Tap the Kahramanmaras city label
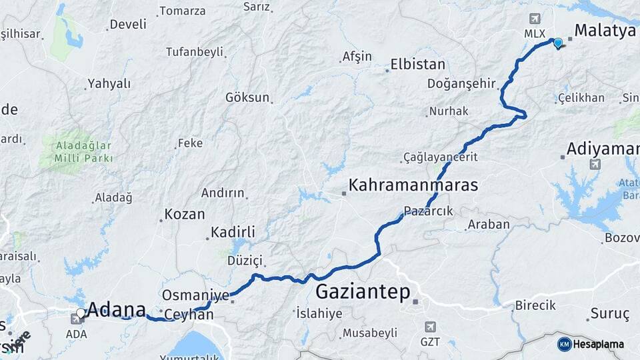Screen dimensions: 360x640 (414, 185)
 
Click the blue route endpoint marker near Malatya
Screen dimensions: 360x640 (558, 43)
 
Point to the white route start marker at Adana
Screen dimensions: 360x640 (81, 312)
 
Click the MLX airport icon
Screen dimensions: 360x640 (535, 19)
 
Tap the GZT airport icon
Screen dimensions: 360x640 (430, 327)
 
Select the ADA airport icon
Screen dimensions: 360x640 (76, 319)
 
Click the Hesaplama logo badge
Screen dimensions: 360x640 (564, 344)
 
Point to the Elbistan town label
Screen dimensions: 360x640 (417, 65)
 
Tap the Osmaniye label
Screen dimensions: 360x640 (195, 295)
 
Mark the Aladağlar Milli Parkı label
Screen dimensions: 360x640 (84, 151)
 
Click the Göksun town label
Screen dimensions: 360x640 (247, 97)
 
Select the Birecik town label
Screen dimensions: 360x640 (535, 305)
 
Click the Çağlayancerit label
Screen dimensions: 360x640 (441, 157)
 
